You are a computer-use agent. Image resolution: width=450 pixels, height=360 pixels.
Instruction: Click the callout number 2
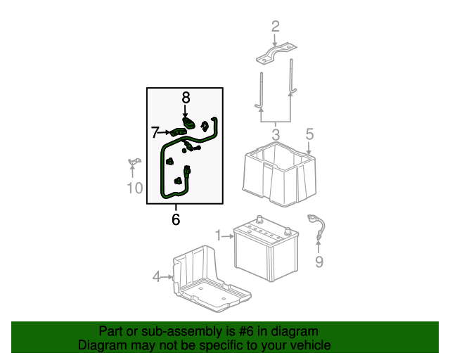click(x=275, y=27)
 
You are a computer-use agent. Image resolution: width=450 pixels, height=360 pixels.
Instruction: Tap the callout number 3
click(x=275, y=135)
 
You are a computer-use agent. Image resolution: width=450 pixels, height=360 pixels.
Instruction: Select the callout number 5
click(x=309, y=134)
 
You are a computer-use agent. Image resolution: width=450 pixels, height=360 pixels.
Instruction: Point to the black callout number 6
click(x=176, y=219)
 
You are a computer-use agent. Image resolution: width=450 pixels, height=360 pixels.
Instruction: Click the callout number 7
click(x=155, y=133)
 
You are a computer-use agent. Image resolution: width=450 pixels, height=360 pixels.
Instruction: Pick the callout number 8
click(x=186, y=98)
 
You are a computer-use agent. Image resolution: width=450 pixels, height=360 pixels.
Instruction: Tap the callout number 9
click(x=319, y=262)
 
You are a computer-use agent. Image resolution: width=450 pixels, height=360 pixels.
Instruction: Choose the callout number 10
click(x=134, y=188)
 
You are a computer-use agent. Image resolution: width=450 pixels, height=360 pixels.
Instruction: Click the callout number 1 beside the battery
click(x=219, y=236)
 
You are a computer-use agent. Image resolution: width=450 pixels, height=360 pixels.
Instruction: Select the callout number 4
click(x=156, y=277)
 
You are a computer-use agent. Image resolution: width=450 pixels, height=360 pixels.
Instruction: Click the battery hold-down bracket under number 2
click(x=276, y=54)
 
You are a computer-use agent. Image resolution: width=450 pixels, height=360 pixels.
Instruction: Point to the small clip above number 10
click(x=134, y=162)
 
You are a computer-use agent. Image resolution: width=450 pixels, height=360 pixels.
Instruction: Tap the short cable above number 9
click(x=317, y=227)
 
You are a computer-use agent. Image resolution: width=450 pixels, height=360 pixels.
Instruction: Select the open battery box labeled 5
click(x=279, y=174)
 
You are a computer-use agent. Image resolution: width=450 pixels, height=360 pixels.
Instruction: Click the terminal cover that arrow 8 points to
click(x=188, y=123)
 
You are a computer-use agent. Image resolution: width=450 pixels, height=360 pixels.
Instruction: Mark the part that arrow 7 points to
click(x=178, y=132)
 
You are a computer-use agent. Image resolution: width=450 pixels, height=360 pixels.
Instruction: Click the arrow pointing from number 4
click(x=167, y=277)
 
